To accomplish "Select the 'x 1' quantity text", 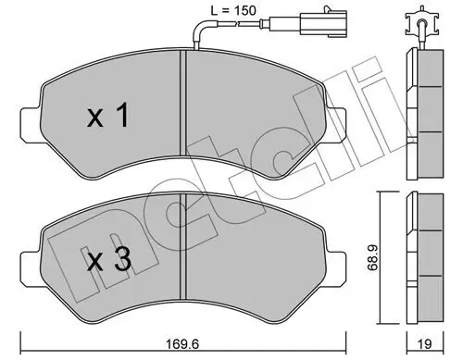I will (107, 118).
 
